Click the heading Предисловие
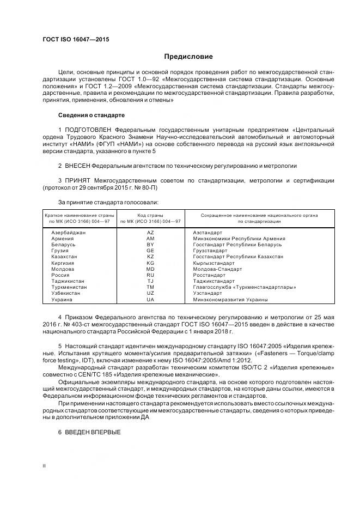click(x=189, y=57)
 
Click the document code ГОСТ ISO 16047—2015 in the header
click(x=75, y=40)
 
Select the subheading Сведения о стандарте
click(x=91, y=116)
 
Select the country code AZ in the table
click(x=151, y=233)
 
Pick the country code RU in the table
click(x=151, y=275)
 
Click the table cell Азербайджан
click(x=68, y=233)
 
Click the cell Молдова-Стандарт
click(x=216, y=269)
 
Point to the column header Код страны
click(x=150, y=216)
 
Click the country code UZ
click(x=151, y=294)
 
